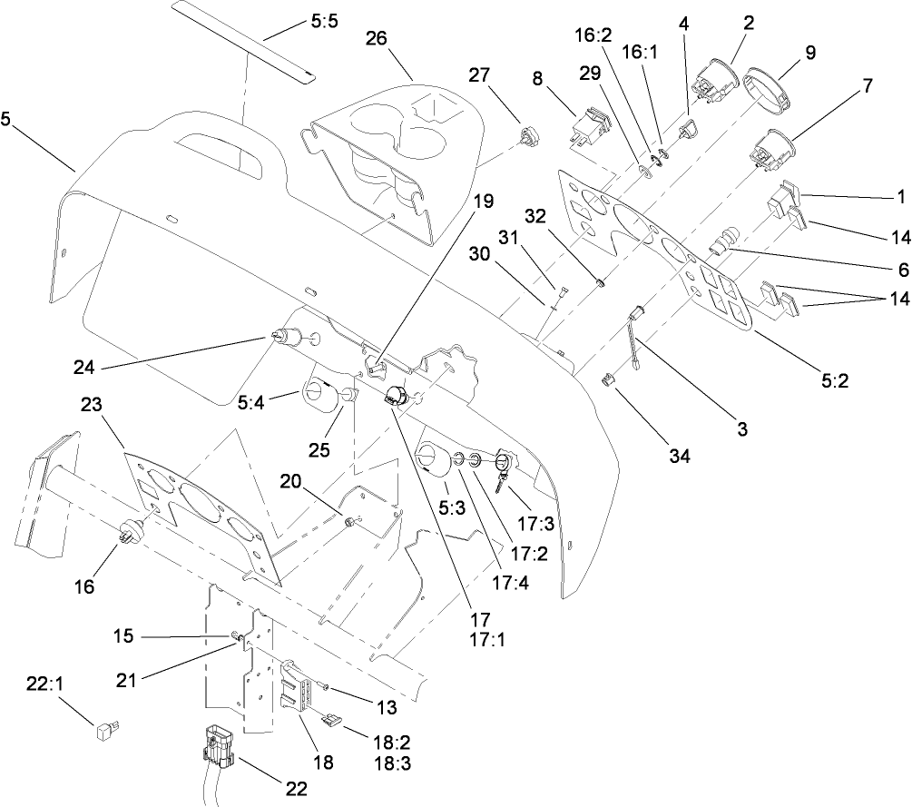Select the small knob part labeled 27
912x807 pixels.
pyautogui.click(x=525, y=137)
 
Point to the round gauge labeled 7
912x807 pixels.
pyautogui.click(x=769, y=147)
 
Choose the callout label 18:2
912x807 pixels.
pyautogui.click(x=392, y=741)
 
